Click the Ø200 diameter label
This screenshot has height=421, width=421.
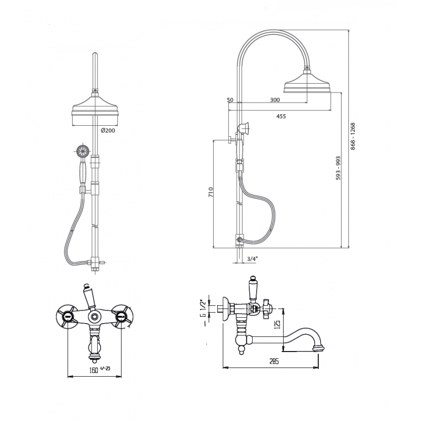(x=108, y=131)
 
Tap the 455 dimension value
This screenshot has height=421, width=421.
(x=281, y=116)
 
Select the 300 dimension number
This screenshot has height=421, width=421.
(x=275, y=100)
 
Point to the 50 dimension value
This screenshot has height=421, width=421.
(x=230, y=100)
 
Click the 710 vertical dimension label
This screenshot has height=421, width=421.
(x=211, y=192)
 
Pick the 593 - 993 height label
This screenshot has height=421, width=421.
(x=338, y=168)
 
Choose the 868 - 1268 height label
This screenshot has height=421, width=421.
(x=353, y=136)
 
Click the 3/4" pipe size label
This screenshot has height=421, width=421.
(x=252, y=259)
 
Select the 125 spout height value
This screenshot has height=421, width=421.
(x=278, y=324)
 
